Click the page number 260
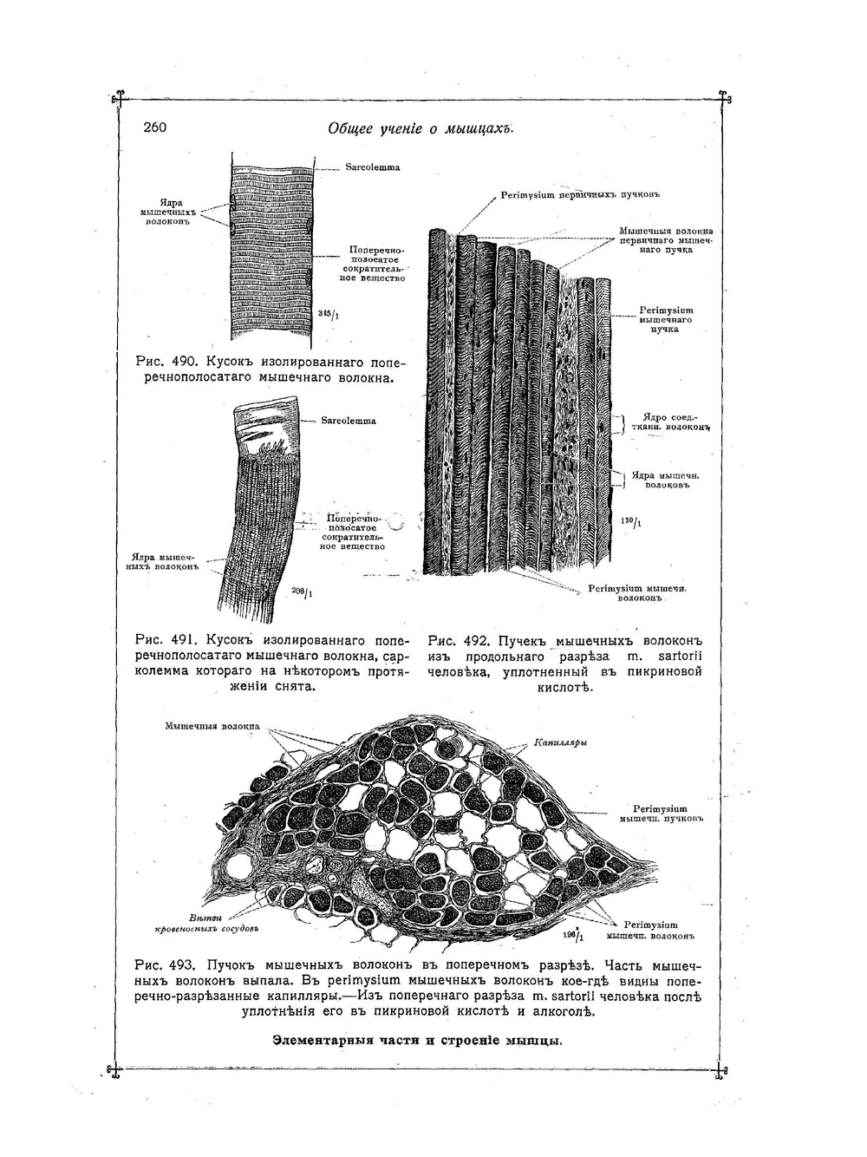pos(155,127)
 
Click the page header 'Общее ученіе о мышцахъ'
pos(421,129)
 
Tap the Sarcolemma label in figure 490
pos(373,167)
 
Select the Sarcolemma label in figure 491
pos(349,421)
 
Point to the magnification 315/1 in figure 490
pos(328,314)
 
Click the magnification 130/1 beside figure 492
pos(631,522)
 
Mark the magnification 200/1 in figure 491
pos(303,593)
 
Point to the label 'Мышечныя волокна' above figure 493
pos(212,725)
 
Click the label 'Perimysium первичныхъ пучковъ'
pos(568,195)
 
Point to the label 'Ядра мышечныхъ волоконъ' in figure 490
pos(169,212)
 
